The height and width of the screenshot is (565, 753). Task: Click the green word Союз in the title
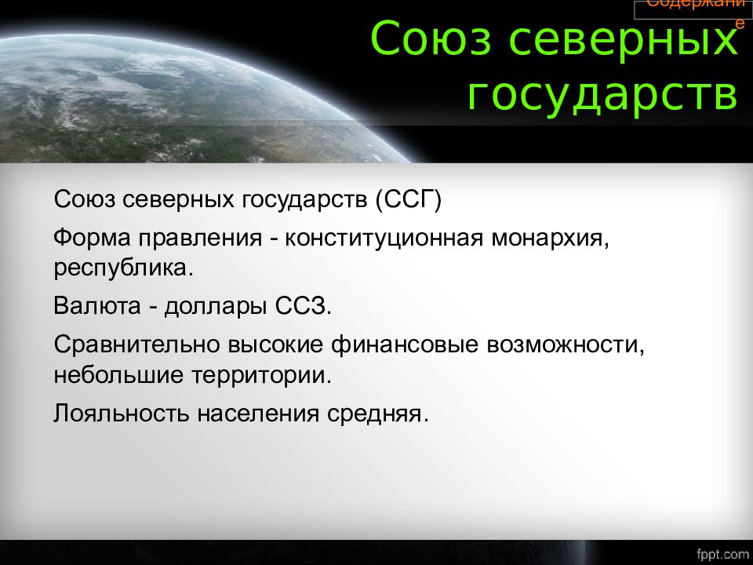431,38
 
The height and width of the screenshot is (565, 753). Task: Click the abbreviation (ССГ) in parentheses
408,199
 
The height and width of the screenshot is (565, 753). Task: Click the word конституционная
384,239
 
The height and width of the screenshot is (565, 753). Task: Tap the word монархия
551,239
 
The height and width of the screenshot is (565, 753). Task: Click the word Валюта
97,305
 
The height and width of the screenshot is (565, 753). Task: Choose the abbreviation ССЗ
304,306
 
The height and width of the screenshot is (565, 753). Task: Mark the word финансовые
405,344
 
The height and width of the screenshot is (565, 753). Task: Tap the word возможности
566,345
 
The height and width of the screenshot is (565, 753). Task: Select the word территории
262,376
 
